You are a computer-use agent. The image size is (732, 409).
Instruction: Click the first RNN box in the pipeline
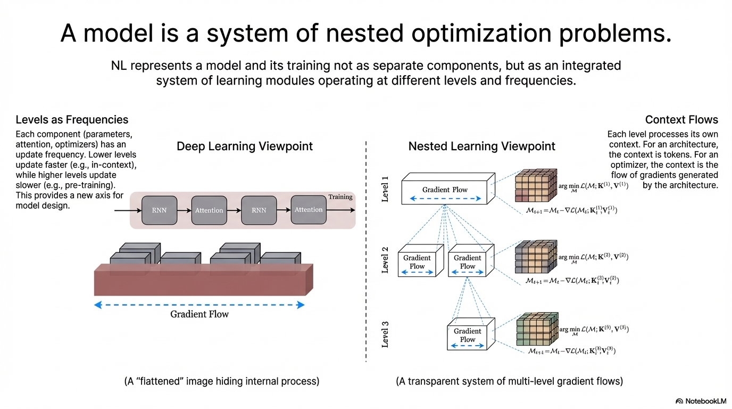[159, 210]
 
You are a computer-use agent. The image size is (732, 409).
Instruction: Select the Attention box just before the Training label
[309, 210]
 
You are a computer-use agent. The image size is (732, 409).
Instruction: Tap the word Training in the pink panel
[340, 197]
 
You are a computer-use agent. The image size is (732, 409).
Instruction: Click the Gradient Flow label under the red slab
[199, 314]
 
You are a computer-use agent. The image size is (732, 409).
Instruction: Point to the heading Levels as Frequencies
[72, 120]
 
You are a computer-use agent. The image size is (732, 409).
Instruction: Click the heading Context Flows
[681, 120]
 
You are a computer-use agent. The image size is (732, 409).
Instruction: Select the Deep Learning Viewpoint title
[245, 146]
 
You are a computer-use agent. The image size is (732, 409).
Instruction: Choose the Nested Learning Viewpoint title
[481, 146]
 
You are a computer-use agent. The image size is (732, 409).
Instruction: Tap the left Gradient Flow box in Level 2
[417, 262]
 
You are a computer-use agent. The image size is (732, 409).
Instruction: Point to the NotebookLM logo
[701, 400]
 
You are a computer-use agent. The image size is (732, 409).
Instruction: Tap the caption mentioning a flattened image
[221, 381]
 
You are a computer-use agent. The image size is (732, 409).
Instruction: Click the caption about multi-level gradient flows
[509, 381]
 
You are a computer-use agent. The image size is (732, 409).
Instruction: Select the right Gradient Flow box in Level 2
[468, 262]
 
